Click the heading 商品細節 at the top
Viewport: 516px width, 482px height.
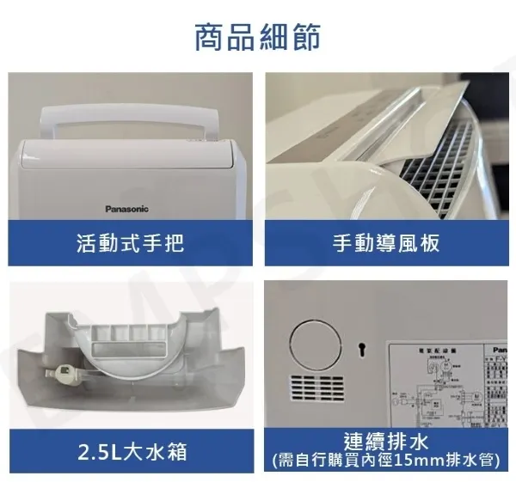coord(258,37)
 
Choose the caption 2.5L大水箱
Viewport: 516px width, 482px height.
coord(131,450)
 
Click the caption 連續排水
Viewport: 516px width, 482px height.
coord(385,442)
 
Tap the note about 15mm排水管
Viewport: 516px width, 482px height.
coord(385,461)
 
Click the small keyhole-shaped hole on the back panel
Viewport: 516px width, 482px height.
coord(363,348)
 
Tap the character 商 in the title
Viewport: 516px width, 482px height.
coord(212,37)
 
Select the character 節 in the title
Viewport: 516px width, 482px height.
coord(305,37)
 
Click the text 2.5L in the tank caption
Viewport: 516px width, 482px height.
coord(96,450)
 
